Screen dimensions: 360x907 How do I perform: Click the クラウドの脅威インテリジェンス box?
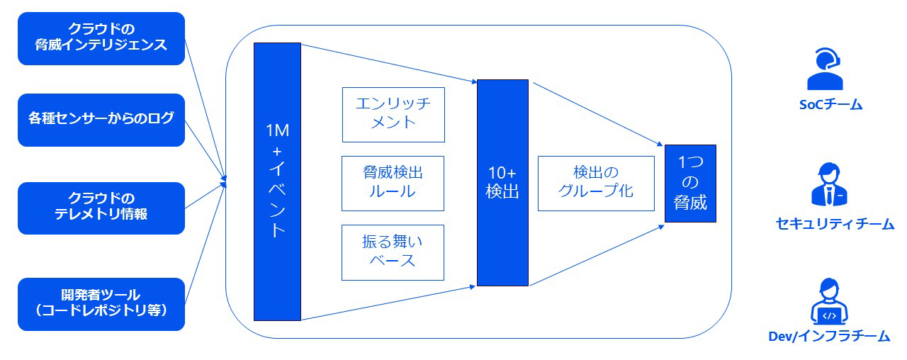tap(101, 38)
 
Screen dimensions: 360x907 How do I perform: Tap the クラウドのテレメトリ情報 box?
tap(101, 208)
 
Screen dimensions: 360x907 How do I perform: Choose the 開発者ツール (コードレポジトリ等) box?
tap(101, 303)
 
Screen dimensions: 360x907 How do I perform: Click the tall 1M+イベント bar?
tap(277, 181)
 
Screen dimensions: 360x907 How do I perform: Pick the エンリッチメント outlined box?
tap(393, 114)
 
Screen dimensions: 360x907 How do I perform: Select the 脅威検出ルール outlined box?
tap(393, 183)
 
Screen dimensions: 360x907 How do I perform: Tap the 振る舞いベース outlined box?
tap(393, 252)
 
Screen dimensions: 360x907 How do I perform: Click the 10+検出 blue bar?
tap(502, 183)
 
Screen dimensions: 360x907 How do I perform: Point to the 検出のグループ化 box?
tap(595, 183)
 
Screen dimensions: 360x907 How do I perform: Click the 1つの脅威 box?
tap(689, 184)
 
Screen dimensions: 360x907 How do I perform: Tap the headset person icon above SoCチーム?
tap(826, 69)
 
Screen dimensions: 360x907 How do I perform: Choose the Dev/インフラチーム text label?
tap(829, 337)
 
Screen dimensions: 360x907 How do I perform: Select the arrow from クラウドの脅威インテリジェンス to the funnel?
tap(205, 106)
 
